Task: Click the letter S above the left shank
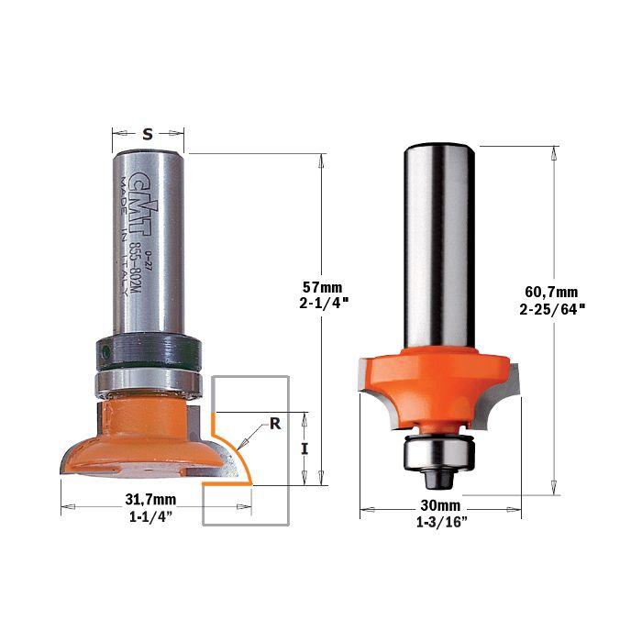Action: [148, 134]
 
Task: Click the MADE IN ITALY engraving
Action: [122, 237]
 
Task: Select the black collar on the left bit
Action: [149, 351]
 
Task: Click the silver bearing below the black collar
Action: [149, 382]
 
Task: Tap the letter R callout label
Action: [275, 424]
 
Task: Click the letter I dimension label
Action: [304, 449]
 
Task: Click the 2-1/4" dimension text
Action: [324, 304]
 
